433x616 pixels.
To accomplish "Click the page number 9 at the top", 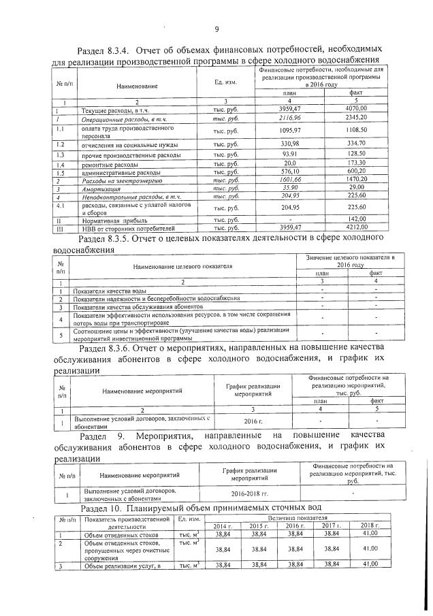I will [216, 29].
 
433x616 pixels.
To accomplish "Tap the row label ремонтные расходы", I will [109, 165].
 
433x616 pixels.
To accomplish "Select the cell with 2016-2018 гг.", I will [250, 493].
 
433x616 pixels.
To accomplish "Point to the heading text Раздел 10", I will [103, 509].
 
